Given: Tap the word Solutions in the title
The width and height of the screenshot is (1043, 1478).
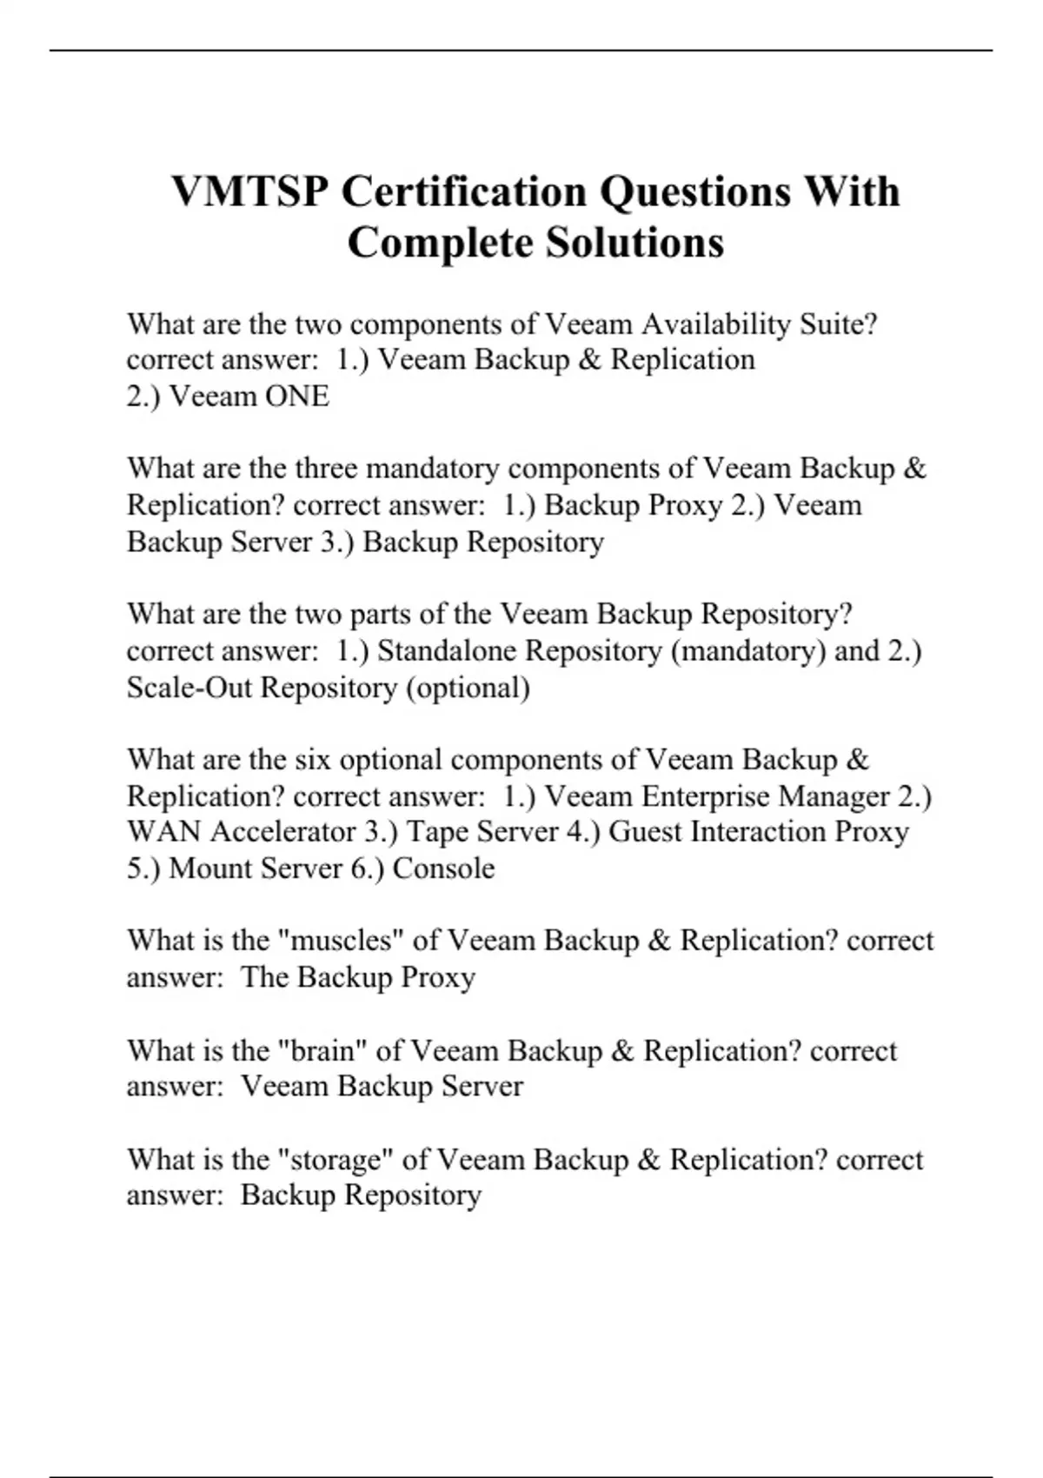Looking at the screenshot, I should click(x=634, y=242).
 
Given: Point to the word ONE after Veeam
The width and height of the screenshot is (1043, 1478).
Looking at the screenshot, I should click(x=297, y=396).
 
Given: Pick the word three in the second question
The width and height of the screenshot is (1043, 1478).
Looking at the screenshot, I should click(x=326, y=469).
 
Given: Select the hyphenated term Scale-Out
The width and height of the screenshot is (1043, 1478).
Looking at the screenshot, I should click(x=189, y=688).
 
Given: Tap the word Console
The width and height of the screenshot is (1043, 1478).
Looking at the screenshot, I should click(x=443, y=869).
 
